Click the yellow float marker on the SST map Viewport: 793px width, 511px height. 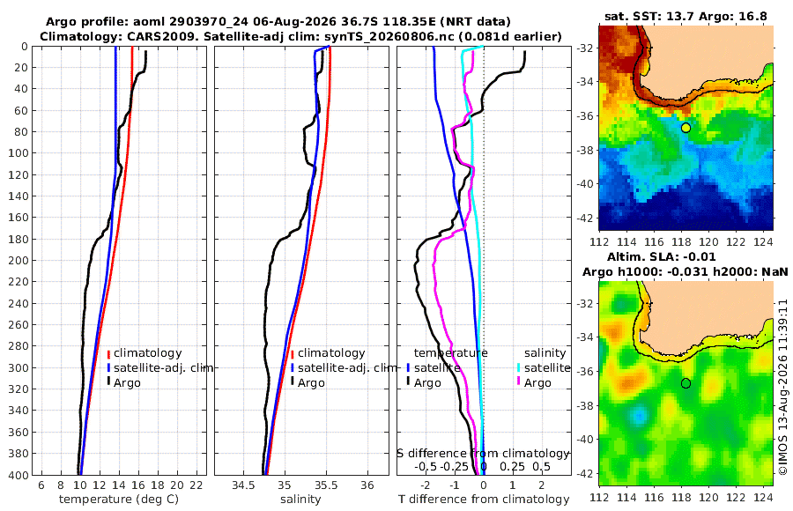(686, 128)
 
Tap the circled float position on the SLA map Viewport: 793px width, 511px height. (686, 383)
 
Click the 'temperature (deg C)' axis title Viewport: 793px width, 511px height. (119, 500)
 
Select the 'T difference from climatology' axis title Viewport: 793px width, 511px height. (484, 500)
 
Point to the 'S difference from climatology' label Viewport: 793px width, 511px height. (483, 453)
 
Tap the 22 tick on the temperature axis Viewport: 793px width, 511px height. (196, 485)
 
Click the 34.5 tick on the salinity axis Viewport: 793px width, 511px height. (243, 485)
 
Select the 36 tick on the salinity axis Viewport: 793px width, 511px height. (367, 485)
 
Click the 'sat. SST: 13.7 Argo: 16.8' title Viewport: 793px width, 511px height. (686, 17)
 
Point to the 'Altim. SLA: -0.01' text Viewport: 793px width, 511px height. (662, 257)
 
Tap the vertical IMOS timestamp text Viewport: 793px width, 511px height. (782, 387)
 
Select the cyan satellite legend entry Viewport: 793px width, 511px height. (541, 367)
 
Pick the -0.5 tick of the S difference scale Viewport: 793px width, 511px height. (426, 466)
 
